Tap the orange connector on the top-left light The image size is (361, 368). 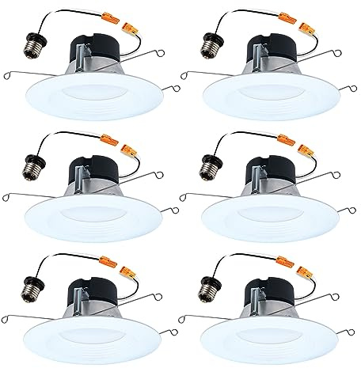(131, 23)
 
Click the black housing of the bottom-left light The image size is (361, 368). (93, 289)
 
